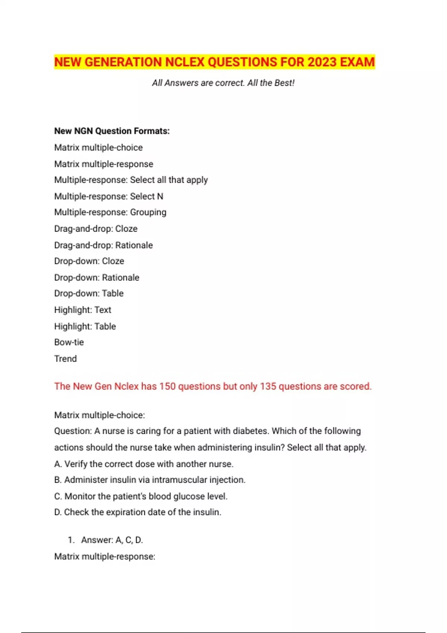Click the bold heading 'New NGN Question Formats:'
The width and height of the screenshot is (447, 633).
point(112,131)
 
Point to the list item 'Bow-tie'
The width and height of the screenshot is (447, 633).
point(69,342)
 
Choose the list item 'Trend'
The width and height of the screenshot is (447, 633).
point(66,359)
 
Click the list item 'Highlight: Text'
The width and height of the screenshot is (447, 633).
point(83,310)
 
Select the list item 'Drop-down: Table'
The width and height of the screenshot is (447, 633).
point(89,293)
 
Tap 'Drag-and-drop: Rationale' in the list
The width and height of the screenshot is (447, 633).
point(103,245)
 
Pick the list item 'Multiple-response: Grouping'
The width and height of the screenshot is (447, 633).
point(110,212)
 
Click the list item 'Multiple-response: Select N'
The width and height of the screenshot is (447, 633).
point(108,196)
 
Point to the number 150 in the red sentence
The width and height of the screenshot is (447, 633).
point(167,387)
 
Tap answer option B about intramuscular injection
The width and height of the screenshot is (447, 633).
point(149,480)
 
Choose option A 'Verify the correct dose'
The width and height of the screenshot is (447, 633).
point(143,464)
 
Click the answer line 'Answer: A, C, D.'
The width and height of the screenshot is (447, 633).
point(112,540)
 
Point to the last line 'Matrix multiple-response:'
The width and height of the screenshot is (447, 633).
point(105,557)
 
